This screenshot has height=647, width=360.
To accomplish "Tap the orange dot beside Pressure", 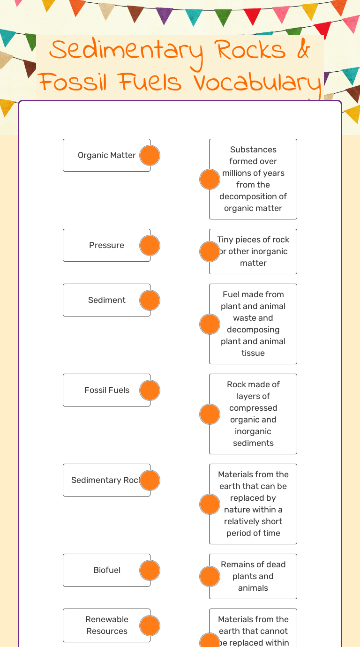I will coord(150,246).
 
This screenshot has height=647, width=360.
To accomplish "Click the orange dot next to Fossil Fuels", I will coord(150,391).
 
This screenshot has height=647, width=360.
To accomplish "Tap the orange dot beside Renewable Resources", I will coord(150,626).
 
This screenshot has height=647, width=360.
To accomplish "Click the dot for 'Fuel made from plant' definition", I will coord(210,324).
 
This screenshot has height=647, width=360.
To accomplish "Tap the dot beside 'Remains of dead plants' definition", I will coord(210,577).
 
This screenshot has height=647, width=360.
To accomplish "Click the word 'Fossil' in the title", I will coord(72,83).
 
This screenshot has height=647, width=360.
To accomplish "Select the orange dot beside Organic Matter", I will coord(150,156).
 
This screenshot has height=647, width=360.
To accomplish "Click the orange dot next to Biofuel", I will coord(150,571).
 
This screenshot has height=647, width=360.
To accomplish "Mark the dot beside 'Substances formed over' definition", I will coord(210,180).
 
